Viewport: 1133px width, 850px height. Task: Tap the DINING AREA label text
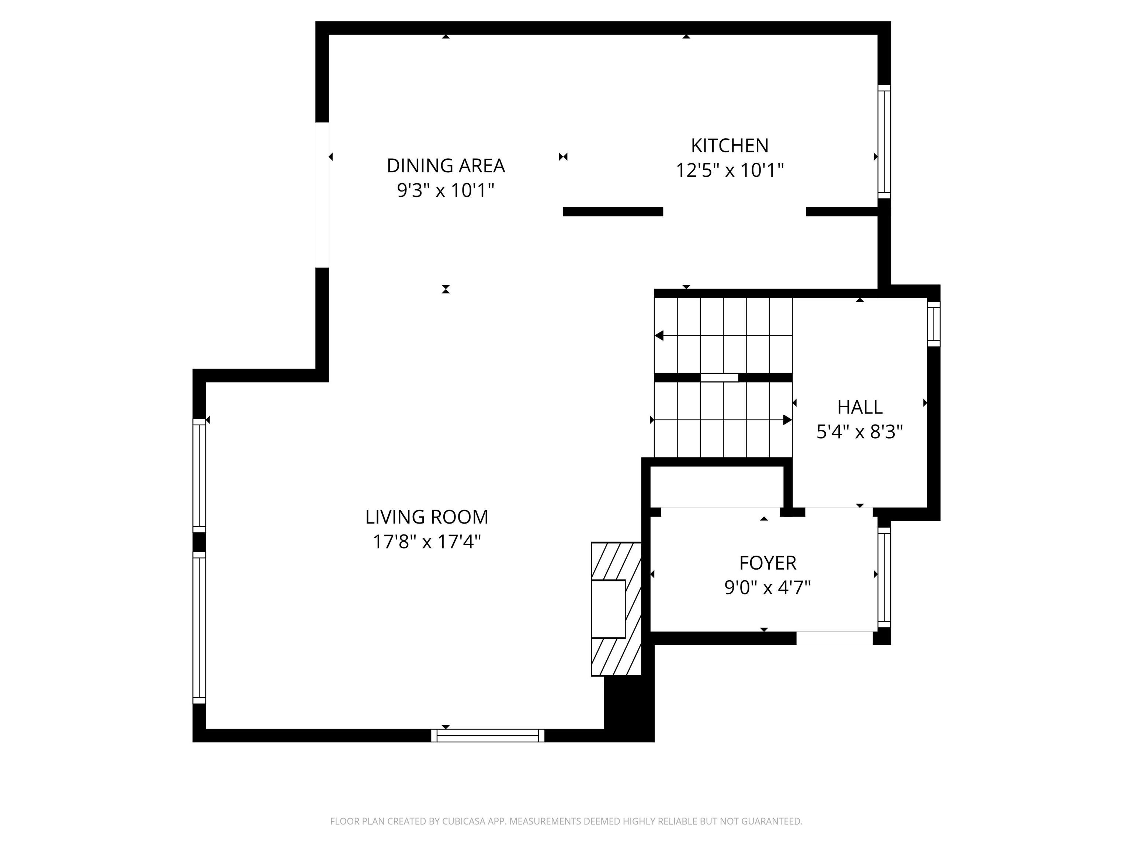446,166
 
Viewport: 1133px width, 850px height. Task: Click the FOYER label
767,563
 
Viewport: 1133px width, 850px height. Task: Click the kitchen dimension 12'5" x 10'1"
730,170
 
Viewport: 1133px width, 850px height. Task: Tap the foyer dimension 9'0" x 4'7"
767,587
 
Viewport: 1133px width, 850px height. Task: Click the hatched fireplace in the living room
616,609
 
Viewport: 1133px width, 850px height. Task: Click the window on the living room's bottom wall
488,735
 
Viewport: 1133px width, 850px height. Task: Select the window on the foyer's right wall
884,577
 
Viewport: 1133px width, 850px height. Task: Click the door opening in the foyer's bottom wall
834,638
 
